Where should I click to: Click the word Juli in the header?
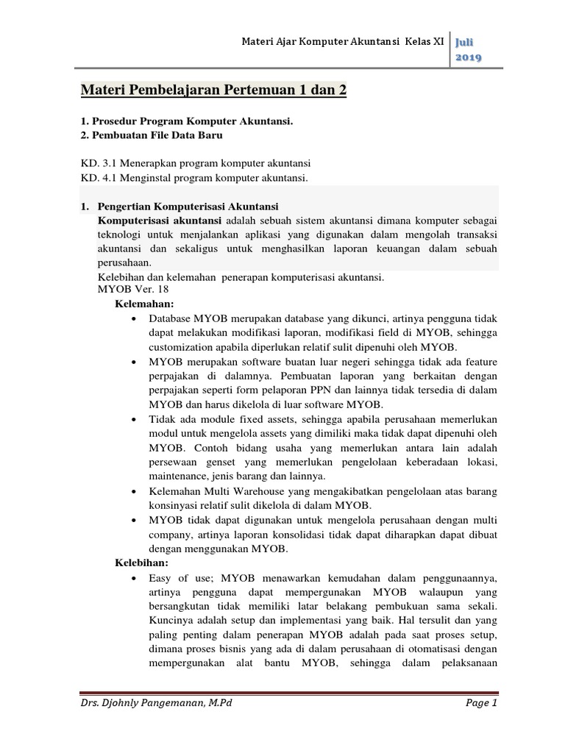(466, 43)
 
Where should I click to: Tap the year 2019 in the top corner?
(469, 59)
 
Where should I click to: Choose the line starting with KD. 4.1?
(194, 178)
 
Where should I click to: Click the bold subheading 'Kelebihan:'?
(142, 562)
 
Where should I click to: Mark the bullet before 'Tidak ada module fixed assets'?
(132, 419)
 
